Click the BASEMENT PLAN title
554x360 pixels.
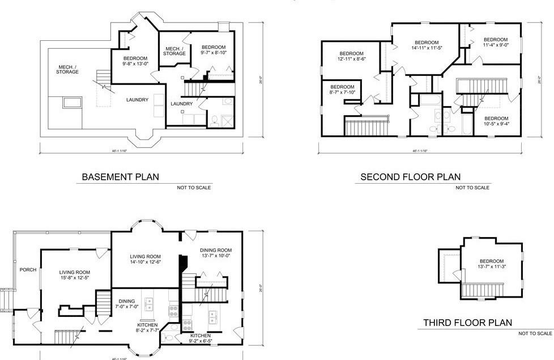pos(120,177)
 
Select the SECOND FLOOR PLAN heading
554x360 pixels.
pos(411,177)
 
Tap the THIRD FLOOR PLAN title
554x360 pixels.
pos(467,323)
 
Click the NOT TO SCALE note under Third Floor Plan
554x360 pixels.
pos(535,333)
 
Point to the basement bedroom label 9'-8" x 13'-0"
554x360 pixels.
pos(135,61)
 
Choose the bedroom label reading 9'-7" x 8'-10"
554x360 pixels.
pos(213,50)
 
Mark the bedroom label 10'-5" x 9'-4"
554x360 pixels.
pos(496,120)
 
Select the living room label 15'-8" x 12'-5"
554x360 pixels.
pos(75,276)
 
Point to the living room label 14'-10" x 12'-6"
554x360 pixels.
pos(146,259)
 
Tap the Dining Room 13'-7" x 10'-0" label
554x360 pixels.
pos(216,253)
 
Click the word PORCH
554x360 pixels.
pos(28,270)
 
